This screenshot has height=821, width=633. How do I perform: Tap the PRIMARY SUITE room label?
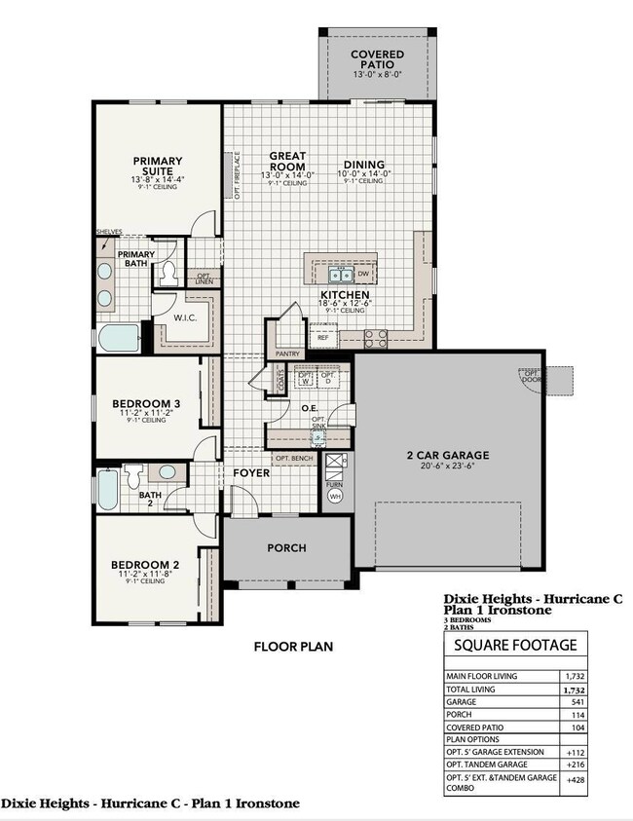coord(157,167)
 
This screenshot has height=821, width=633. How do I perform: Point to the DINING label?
coord(363,165)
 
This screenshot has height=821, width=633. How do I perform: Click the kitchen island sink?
coord(341,275)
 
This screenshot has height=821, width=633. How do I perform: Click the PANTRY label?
coord(287,355)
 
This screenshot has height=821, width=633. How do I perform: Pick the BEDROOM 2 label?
coord(145,564)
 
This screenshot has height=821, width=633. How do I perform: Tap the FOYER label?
coord(250,473)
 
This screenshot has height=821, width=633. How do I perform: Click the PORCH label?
coord(286,548)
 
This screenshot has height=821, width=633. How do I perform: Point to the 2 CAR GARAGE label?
coord(447,455)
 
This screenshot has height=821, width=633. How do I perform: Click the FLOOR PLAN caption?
coord(293,646)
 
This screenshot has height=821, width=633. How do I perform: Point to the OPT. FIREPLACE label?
coord(236,176)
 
